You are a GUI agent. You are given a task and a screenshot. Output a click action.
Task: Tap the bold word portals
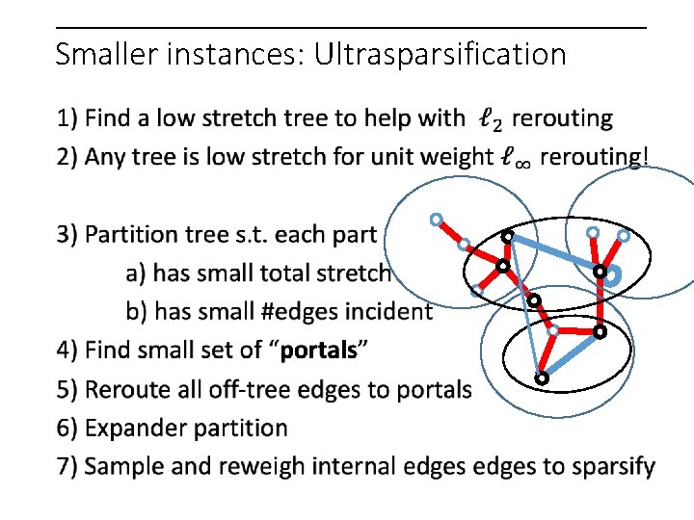point(318,351)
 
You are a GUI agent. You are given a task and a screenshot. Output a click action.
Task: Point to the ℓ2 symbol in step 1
point(490,120)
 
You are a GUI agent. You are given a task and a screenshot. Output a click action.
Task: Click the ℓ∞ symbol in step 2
point(516,158)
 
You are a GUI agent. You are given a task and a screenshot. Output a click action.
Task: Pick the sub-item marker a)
point(137,273)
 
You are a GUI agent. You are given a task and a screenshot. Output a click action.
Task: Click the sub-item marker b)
point(137,312)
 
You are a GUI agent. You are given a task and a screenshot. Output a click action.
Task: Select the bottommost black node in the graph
point(542,379)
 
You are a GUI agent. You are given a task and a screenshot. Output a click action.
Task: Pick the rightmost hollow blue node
point(624,235)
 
